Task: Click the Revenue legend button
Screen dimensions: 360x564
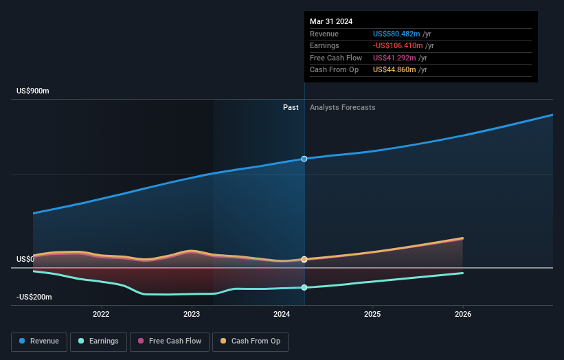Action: (39, 341)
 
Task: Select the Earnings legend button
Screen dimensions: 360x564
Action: (98, 341)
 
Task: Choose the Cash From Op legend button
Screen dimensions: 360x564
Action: (251, 341)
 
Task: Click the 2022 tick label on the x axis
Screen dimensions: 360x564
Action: (101, 315)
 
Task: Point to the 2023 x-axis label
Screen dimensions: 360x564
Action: (192, 315)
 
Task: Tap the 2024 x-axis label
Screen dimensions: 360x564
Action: (282, 315)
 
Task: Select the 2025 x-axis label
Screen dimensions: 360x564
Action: (372, 315)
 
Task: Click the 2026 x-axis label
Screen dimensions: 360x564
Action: (463, 315)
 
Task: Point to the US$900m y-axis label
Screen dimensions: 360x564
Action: (33, 91)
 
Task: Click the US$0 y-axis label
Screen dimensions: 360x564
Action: (25, 260)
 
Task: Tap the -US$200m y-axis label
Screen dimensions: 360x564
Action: (34, 297)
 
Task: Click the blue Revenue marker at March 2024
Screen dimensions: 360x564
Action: (304, 159)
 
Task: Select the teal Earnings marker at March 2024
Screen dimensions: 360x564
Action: (304, 287)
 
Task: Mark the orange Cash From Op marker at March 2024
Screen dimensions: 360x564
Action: (304, 259)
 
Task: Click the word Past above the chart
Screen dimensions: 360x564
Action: (291, 107)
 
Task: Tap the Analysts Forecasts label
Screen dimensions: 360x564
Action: (343, 107)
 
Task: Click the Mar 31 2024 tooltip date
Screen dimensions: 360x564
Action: (331, 21)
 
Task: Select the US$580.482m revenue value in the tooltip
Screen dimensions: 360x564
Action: (396, 34)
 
